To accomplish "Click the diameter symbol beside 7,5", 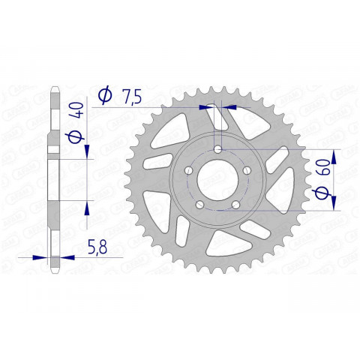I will (x=106, y=94).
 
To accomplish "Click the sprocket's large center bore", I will (x=217, y=180).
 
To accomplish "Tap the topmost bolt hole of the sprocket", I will (x=217, y=150).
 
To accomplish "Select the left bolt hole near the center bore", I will (x=189, y=171).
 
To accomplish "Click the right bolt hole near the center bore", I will (x=246, y=171).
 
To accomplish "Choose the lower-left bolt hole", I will (x=200, y=204).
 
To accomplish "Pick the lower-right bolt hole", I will (x=235, y=204).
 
